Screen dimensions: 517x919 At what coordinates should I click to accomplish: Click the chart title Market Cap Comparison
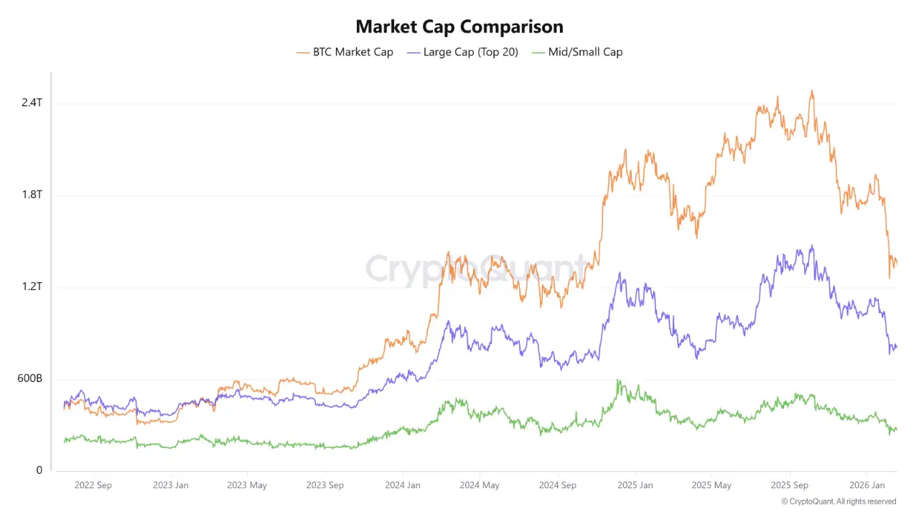(x=459, y=27)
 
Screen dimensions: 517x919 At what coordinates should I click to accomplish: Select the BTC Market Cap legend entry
(x=345, y=52)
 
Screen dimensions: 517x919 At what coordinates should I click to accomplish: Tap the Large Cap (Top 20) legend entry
(x=462, y=52)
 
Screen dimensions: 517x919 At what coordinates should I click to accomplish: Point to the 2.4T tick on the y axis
(x=32, y=103)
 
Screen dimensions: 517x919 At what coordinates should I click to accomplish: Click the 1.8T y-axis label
(x=32, y=195)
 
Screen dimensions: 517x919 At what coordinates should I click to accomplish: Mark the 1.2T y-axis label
(x=32, y=287)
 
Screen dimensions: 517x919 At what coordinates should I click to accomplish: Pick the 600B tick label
(x=29, y=378)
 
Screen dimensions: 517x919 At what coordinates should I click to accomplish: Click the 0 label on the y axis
(x=39, y=470)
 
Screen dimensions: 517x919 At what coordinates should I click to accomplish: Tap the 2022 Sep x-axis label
(x=93, y=485)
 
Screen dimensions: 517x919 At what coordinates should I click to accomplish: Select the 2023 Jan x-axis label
(x=171, y=485)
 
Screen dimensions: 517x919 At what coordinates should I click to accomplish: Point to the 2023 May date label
(x=247, y=485)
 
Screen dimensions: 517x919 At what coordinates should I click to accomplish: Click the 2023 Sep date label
(x=325, y=485)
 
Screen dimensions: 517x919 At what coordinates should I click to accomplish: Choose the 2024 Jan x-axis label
(x=403, y=485)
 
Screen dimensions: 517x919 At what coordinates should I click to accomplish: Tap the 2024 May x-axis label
(x=480, y=485)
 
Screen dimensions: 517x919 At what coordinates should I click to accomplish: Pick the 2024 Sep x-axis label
(x=558, y=485)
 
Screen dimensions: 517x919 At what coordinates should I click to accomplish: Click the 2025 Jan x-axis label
(x=635, y=485)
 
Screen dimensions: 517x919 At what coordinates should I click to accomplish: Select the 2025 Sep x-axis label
(x=789, y=485)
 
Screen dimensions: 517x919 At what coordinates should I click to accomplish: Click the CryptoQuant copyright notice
(x=839, y=501)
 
